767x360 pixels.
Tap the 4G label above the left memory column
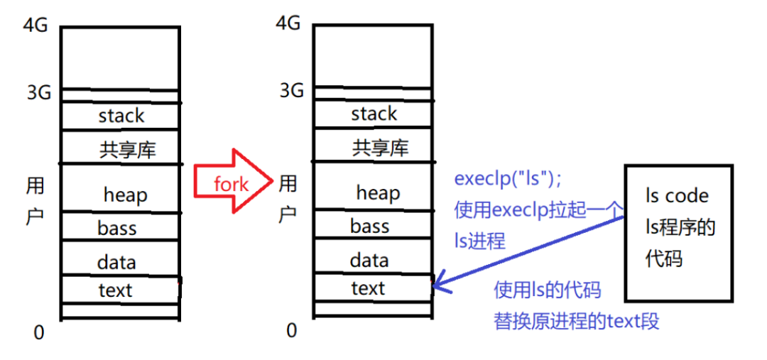pos(36,26)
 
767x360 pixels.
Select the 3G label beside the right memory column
pos(291,90)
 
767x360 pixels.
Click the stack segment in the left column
pos(121,116)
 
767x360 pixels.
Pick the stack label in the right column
pos(374,114)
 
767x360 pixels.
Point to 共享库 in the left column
pos(128,149)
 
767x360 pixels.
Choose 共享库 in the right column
pos(381,148)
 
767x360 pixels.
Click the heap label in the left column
pos(125,194)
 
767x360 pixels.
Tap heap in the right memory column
pos(378,192)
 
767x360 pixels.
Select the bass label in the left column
pos(117,229)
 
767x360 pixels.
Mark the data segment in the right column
pos(369,260)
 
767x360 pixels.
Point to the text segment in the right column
pos(368,288)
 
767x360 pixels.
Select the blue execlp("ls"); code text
pos(504,180)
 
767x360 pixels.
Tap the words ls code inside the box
pos(677,195)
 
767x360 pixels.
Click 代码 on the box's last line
pos(663,258)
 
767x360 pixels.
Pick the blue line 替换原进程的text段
pos(577,321)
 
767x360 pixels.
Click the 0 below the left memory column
pos(39,332)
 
